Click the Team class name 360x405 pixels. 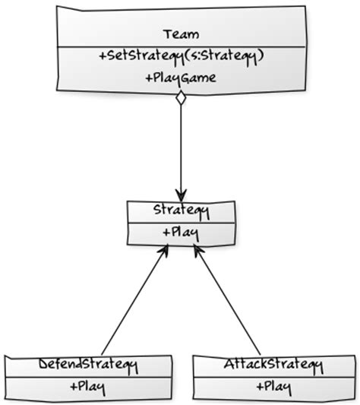coord(181,34)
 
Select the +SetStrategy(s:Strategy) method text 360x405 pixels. coord(180,55)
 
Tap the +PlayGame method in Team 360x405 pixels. coord(180,78)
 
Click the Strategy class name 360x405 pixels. coord(180,210)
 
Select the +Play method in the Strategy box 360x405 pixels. coord(180,232)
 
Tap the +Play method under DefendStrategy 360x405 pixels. coord(87,388)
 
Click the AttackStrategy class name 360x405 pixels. coord(274,365)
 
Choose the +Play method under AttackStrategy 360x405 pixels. coord(274,388)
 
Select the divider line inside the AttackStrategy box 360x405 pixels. coord(274,376)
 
